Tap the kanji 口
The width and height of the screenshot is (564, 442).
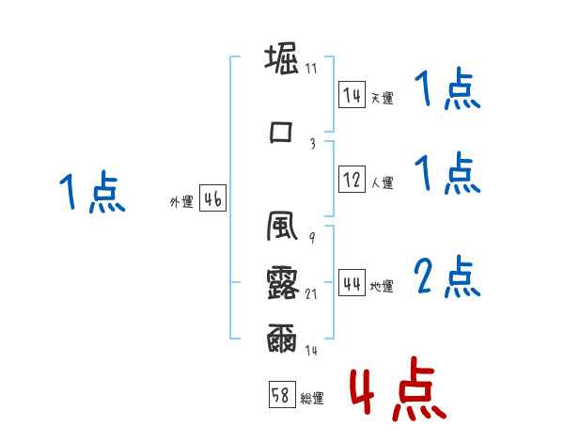coord(281,131)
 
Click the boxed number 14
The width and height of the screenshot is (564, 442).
coord(352,95)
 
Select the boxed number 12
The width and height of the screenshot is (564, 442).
coord(352,180)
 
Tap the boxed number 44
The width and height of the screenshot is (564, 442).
coord(352,283)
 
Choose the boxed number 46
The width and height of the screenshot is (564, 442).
coord(212,198)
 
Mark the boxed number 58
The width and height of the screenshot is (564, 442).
coord(280,396)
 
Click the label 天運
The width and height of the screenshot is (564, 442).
coord(381,98)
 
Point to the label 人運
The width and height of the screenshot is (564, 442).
coord(381,183)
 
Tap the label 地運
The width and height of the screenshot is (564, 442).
coord(381,287)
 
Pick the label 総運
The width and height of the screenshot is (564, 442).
coord(311,399)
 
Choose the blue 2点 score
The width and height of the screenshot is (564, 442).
coord(447,276)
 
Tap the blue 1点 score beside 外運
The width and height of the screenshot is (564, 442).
coord(90,194)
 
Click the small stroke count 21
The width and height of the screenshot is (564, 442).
coord(312,294)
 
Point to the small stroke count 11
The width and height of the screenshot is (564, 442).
coord(311,68)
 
